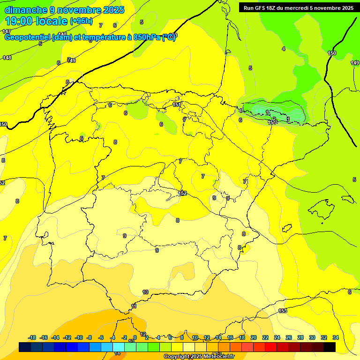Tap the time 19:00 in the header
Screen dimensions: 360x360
coord(18,21)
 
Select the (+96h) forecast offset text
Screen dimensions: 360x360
coord(82,21)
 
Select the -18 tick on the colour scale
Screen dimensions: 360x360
coord(32,337)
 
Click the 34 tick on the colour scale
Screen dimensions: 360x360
coord(336,337)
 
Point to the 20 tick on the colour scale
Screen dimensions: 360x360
coord(254,337)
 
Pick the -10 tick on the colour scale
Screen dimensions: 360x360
coord(79,337)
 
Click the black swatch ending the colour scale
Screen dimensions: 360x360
coord(330,347)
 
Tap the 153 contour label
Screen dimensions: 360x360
coord(283,311)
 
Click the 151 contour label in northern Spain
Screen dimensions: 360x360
coord(177,105)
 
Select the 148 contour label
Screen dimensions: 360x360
coord(7,58)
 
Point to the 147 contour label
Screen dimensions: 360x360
coord(6,31)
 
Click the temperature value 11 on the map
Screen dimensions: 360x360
coord(134,306)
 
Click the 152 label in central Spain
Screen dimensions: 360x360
coord(182,193)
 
